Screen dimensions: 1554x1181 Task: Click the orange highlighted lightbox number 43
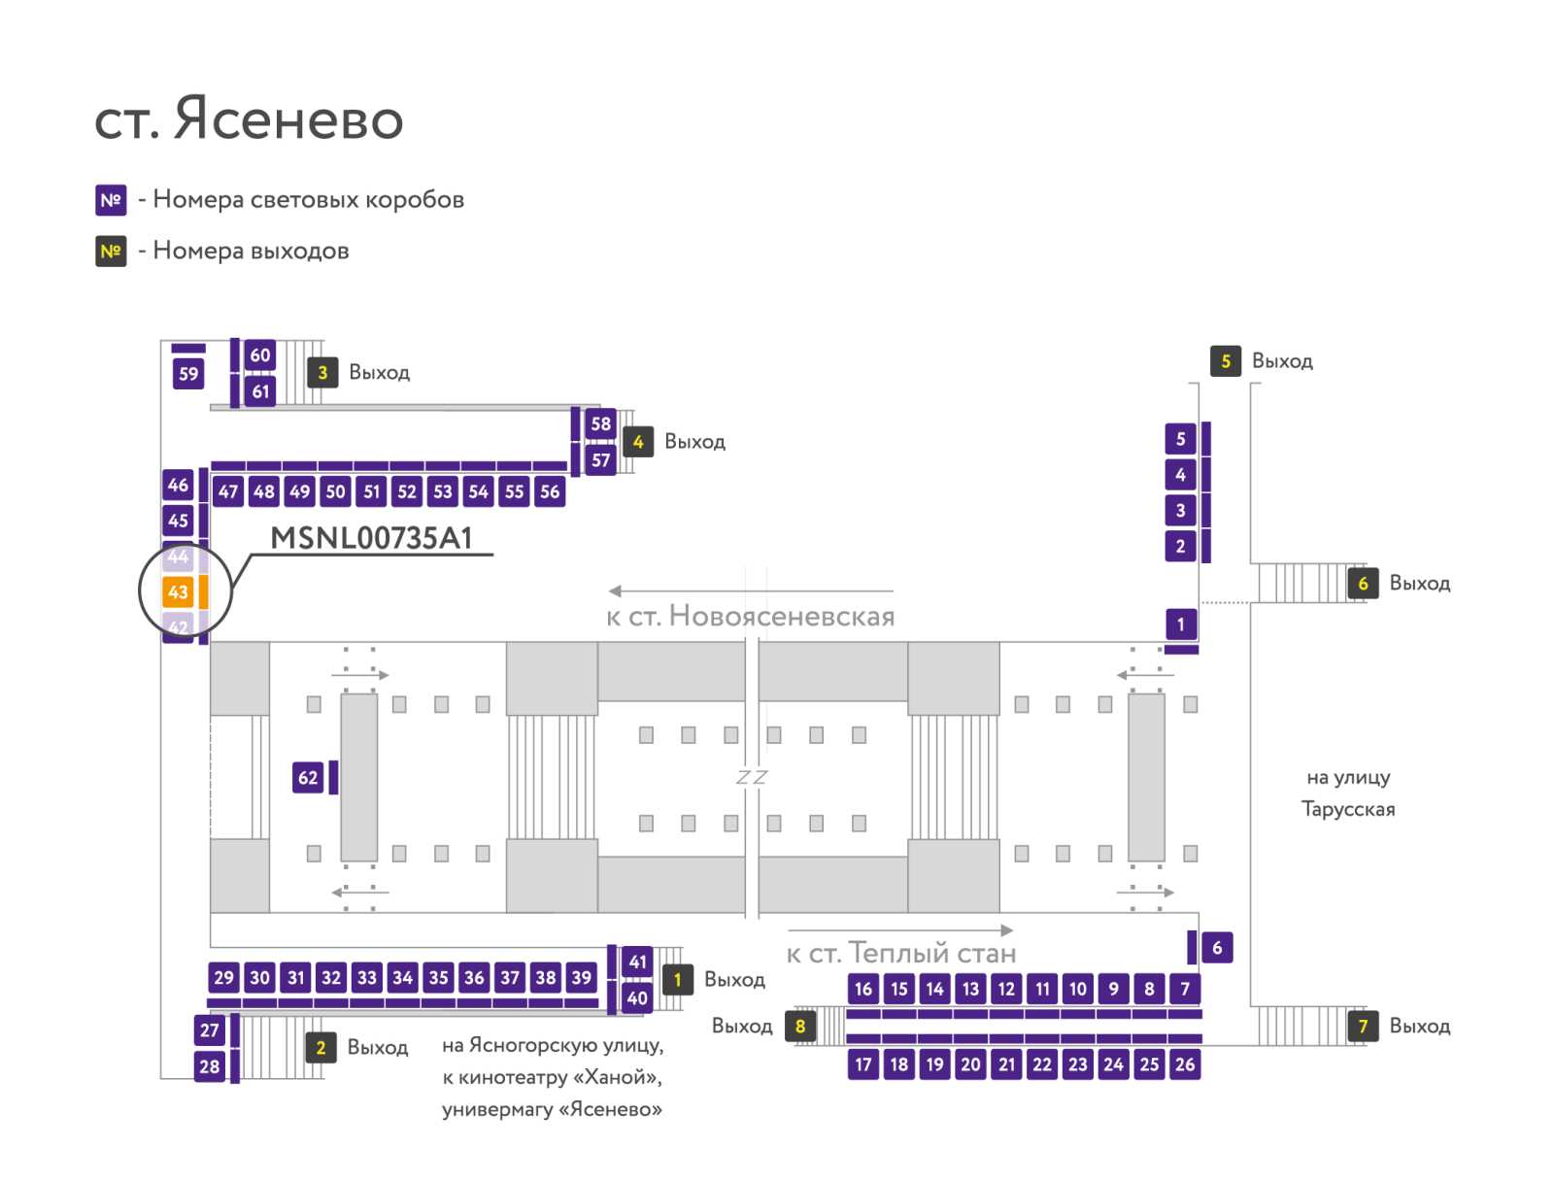coord(178,590)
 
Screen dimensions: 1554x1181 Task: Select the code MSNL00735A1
coord(371,538)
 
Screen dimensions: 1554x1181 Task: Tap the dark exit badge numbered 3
coord(322,372)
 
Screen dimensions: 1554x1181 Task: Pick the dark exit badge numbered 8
coord(800,1026)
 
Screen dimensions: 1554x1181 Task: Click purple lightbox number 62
coord(307,777)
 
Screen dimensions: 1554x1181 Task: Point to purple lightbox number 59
coord(188,374)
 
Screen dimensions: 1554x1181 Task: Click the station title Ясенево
coord(288,118)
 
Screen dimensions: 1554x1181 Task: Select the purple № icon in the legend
coord(111,200)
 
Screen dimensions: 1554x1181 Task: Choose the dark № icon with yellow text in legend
coord(111,252)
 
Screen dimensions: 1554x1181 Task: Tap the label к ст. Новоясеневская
coord(751,617)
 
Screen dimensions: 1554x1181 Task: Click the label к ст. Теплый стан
coord(901,953)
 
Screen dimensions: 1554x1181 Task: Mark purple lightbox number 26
coord(1185,1064)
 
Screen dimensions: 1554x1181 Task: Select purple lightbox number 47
coord(228,491)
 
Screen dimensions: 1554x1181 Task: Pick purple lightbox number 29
coord(223,977)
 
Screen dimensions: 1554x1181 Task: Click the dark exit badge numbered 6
coord(1363,584)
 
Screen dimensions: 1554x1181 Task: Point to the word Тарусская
coord(1348,809)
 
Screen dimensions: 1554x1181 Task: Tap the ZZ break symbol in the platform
coord(751,778)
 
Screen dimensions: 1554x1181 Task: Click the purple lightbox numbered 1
coord(1180,624)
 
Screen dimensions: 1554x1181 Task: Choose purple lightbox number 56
coord(550,491)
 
